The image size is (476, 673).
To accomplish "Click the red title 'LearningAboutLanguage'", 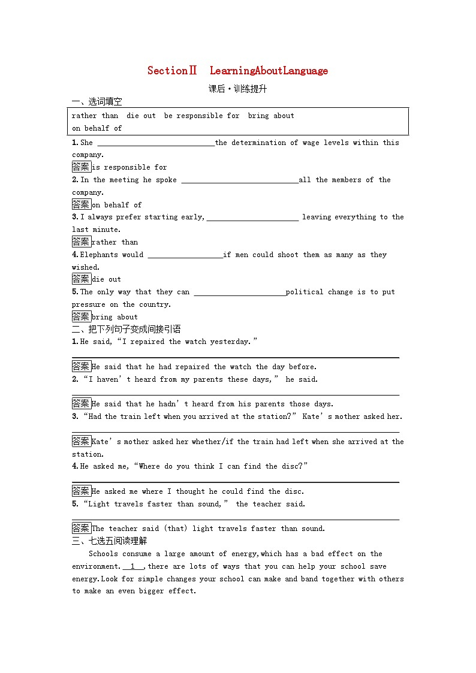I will (269, 71).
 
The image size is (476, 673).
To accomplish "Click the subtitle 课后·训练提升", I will (237, 89).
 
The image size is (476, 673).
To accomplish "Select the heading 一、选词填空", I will (97, 101).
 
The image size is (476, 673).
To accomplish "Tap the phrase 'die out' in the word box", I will (141, 116).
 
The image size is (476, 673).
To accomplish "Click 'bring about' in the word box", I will (271, 116).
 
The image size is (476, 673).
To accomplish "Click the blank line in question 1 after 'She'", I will (155, 143).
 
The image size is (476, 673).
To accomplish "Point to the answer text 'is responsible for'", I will (129, 168).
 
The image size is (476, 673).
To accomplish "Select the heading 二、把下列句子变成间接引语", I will (126, 329).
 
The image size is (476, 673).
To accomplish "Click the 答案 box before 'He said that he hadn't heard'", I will (81, 403).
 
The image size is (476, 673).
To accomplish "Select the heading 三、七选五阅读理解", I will (109, 541).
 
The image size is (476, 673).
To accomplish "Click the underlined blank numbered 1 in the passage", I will (133, 566).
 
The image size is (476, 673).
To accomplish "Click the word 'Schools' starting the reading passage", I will (103, 554).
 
